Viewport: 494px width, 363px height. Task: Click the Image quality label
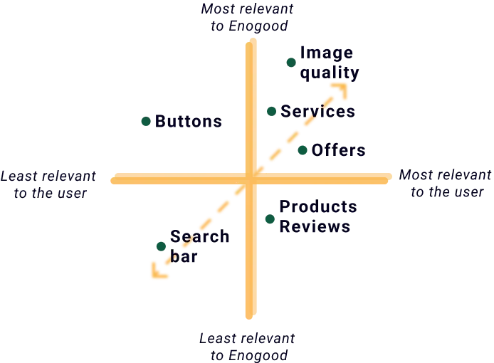pyautogui.click(x=327, y=63)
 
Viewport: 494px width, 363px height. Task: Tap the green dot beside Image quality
pyautogui.click(x=290, y=63)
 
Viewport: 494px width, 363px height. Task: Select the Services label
pyautogui.click(x=317, y=111)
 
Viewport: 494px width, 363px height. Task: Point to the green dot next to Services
pyautogui.click(x=271, y=110)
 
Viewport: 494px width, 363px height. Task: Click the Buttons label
pyautogui.click(x=188, y=122)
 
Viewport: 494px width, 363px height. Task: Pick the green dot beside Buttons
pyautogui.click(x=147, y=122)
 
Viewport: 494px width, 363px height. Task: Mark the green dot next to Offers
pyautogui.click(x=302, y=151)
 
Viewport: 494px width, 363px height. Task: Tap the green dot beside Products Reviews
pyautogui.click(x=269, y=219)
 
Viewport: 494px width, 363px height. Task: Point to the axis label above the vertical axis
pyautogui.click(x=252, y=17)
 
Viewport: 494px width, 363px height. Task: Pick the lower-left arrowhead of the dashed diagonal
pyautogui.click(x=156, y=272)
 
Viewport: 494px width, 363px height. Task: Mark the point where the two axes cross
pyautogui.click(x=251, y=178)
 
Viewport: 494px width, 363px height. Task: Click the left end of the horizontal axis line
pyautogui.click(x=112, y=179)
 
